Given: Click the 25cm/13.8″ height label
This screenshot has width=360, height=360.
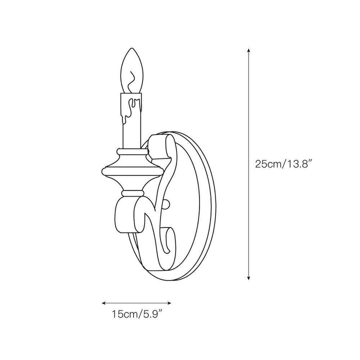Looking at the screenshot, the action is pos(283,164).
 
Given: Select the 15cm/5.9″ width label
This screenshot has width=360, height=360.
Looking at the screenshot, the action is pos(137,314).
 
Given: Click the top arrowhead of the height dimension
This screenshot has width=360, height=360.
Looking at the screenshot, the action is pos(248,50).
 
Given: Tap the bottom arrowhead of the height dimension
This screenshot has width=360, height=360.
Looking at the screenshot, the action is pos(248,278).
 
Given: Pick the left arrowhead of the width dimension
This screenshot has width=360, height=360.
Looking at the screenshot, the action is pos(104,303).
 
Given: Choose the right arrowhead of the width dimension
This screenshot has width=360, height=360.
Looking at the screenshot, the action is pos(169,303).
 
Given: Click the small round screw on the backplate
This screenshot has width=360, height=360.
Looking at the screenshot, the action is pos(166,204).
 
